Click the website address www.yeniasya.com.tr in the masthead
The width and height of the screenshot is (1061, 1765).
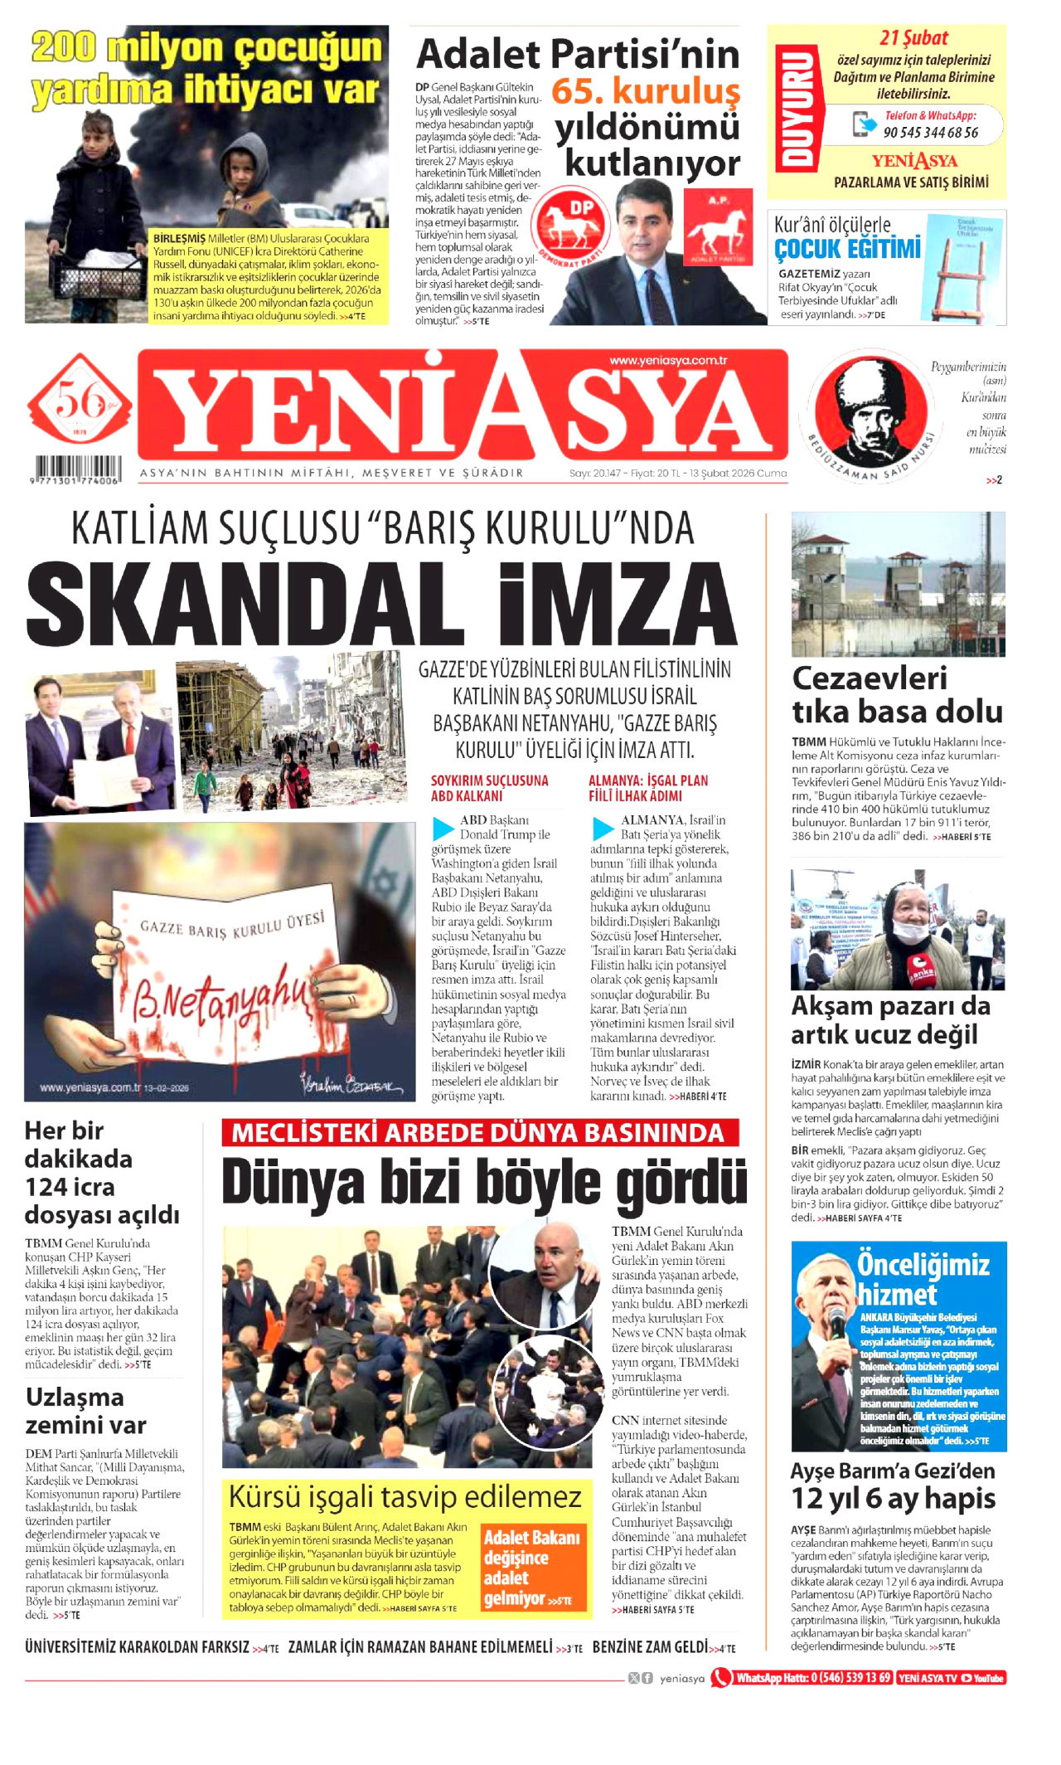click(667, 360)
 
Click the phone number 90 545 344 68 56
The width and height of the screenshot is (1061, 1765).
click(930, 132)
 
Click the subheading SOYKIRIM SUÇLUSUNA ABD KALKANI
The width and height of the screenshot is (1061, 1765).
click(489, 788)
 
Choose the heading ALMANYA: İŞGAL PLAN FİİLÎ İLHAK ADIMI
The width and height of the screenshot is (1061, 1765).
click(648, 788)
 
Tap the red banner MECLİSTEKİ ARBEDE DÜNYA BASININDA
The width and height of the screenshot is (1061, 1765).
click(479, 1133)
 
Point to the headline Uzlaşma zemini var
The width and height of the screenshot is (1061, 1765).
click(85, 1411)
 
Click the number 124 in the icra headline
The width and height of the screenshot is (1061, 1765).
click(47, 1187)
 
